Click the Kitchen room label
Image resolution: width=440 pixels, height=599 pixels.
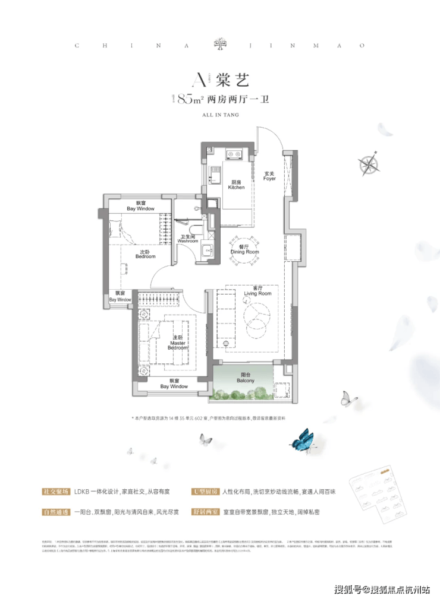pyautogui.click(x=236, y=185)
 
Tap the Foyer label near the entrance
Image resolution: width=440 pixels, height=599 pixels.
pyautogui.click(x=270, y=176)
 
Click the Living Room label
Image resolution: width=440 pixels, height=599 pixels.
pyautogui.click(x=257, y=292)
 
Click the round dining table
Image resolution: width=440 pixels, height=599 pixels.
pyautogui.click(x=245, y=245)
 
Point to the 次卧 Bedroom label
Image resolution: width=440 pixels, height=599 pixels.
pyautogui.click(x=144, y=254)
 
